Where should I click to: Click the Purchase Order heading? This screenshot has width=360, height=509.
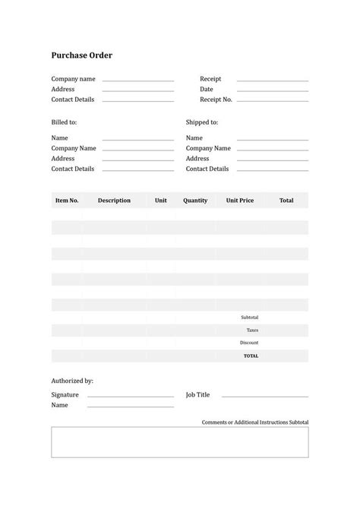pyautogui.click(x=81, y=55)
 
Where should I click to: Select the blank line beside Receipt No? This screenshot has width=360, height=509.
pyautogui.click(x=272, y=100)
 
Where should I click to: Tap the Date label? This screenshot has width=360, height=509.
pyautogui.click(x=207, y=89)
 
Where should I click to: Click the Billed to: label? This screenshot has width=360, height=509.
pyautogui.click(x=64, y=122)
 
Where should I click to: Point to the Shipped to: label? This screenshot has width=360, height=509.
pyautogui.click(x=202, y=122)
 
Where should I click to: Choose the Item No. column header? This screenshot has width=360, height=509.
pyautogui.click(x=67, y=201)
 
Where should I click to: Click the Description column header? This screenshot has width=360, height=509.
pyautogui.click(x=114, y=201)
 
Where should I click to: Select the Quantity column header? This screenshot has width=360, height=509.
pyautogui.click(x=195, y=201)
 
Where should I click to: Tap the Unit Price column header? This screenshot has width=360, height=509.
pyautogui.click(x=240, y=201)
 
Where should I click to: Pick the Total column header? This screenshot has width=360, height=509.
pyautogui.click(x=286, y=201)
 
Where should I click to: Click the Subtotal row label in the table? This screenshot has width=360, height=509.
pyautogui.click(x=249, y=317)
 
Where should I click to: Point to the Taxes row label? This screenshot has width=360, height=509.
pyautogui.click(x=252, y=330)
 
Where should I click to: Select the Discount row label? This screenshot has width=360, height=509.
pyautogui.click(x=249, y=343)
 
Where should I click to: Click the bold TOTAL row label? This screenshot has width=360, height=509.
pyautogui.click(x=251, y=356)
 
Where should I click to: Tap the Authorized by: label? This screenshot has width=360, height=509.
pyautogui.click(x=72, y=381)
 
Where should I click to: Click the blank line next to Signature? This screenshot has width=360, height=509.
pyautogui.click(x=131, y=397)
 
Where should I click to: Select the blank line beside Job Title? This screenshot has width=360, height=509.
pyautogui.click(x=264, y=397)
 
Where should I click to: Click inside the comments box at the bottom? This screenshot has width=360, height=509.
pyautogui.click(x=180, y=442)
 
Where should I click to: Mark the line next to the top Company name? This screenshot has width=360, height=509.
pyautogui.click(x=138, y=81)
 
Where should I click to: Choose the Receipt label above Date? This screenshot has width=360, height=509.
pyautogui.click(x=210, y=79)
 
